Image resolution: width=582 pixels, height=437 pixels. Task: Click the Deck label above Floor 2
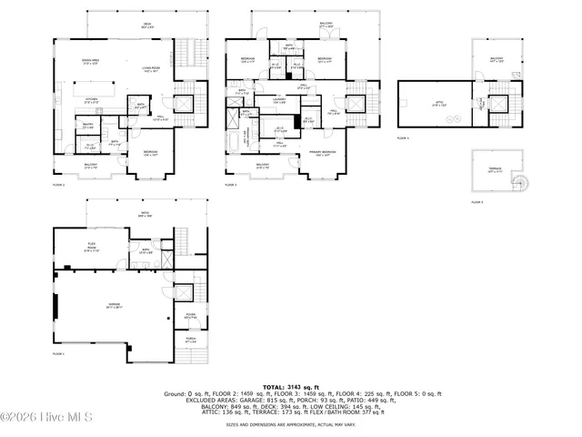click(x=145, y=25)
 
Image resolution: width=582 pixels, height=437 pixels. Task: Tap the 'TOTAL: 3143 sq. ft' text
click(x=291, y=386)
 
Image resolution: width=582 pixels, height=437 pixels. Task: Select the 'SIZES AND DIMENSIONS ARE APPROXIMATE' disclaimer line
click(x=291, y=423)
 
